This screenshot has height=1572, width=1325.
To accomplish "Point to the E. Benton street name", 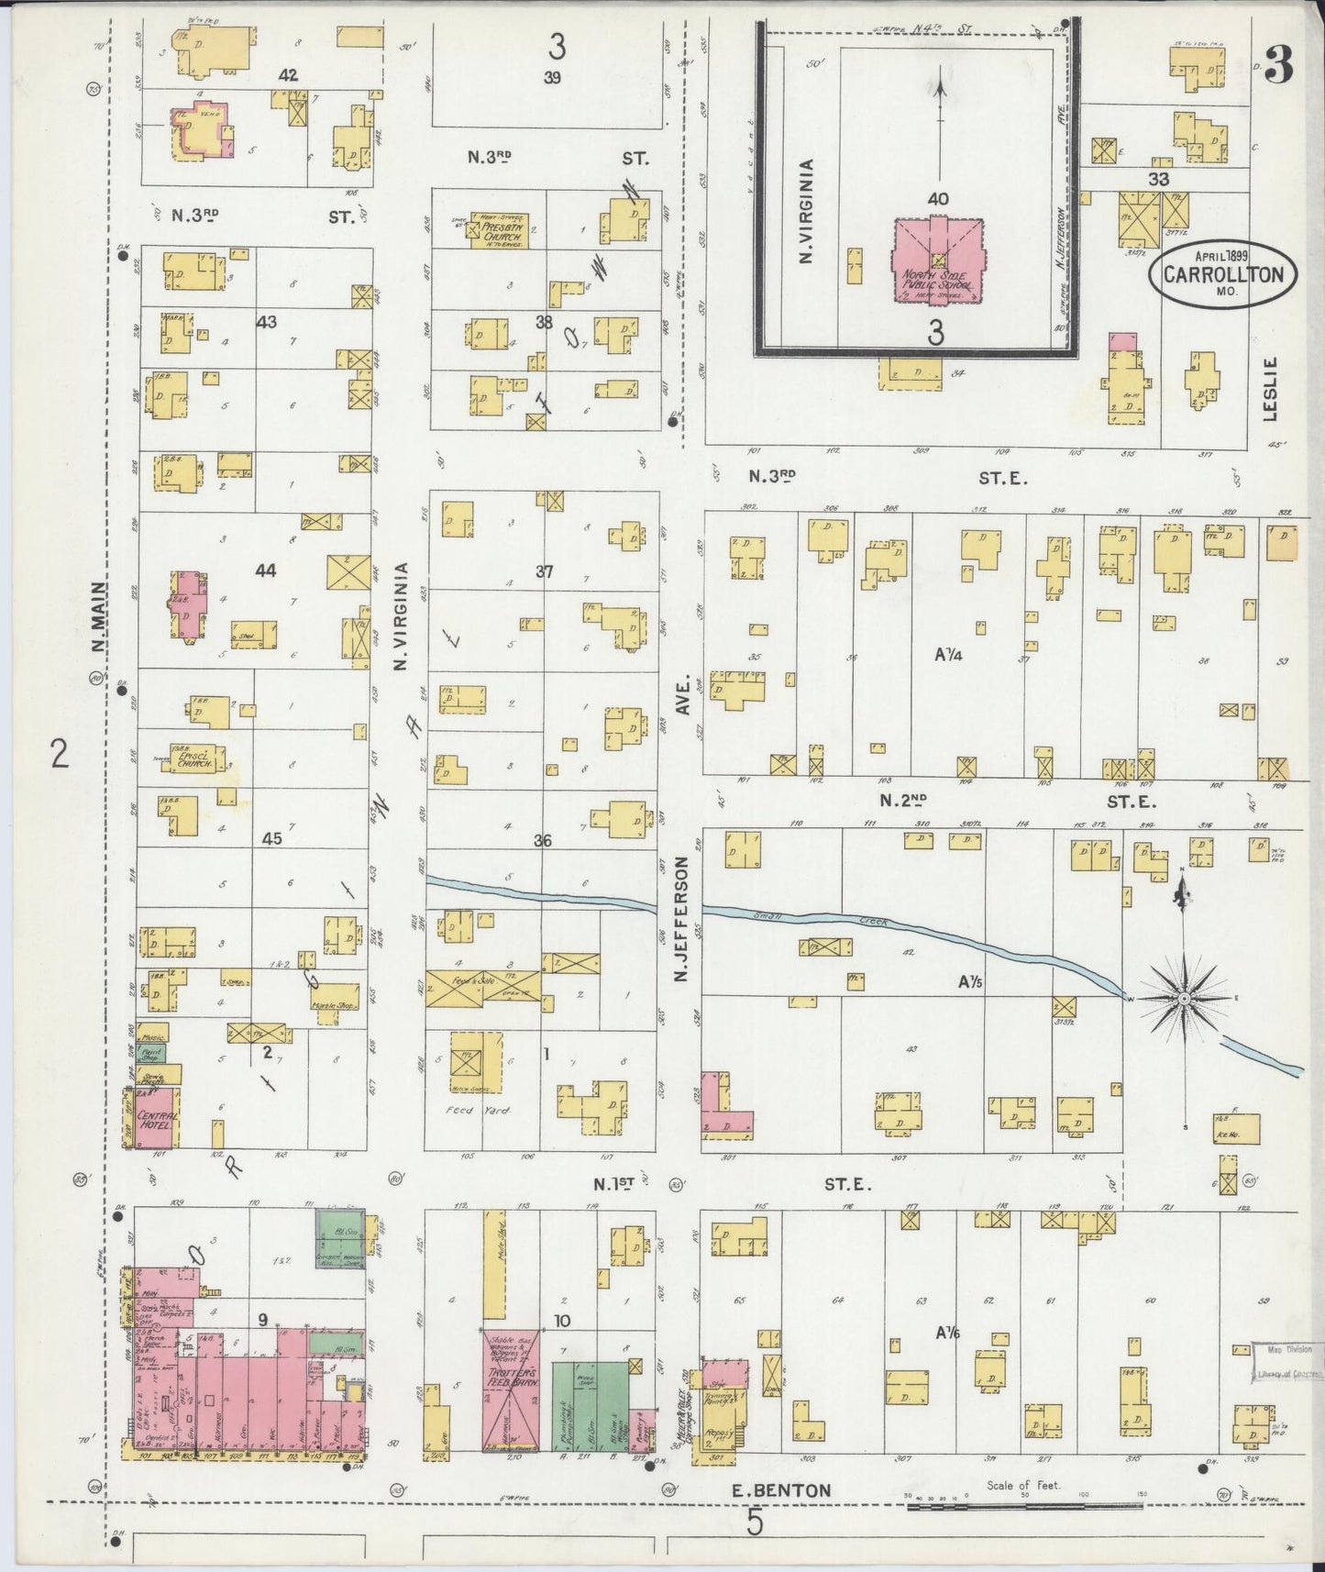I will [x=782, y=1490].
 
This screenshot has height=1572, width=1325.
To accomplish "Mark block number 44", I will [x=266, y=570].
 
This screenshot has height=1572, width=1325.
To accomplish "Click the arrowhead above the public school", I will [x=940, y=88].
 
